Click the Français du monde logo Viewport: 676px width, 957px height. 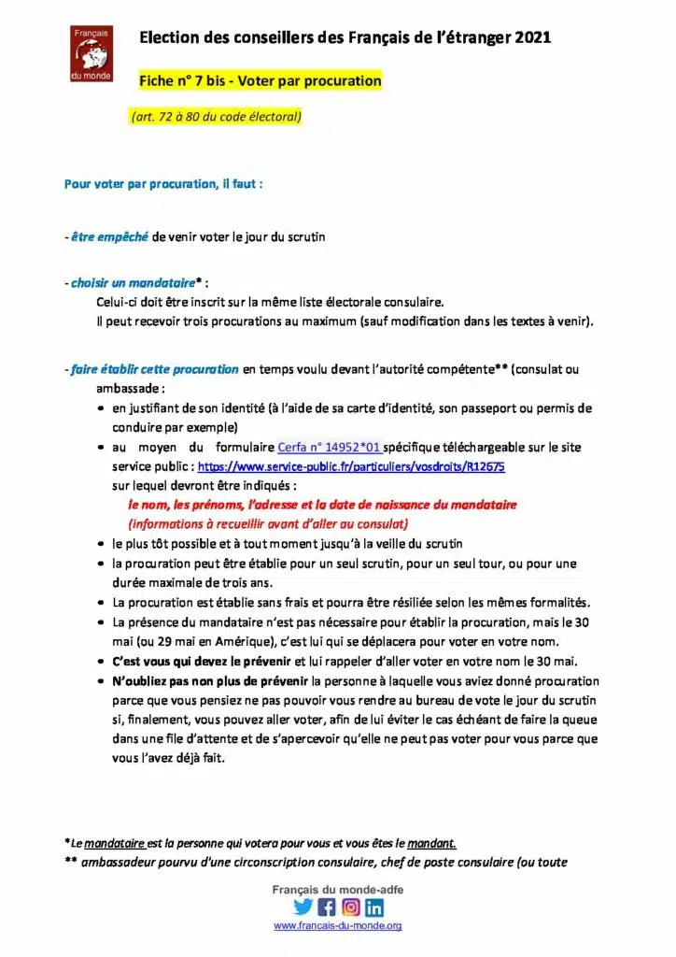pyautogui.click(x=92, y=53)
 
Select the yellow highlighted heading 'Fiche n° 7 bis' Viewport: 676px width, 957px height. pyautogui.click(x=260, y=81)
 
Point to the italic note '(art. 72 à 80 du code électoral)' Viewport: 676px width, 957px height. pyautogui.click(x=217, y=117)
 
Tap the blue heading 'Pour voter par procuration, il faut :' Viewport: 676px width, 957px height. pyautogui.click(x=163, y=184)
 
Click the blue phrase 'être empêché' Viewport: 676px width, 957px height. pyautogui.click(x=109, y=236)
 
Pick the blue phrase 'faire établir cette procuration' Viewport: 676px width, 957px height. pyautogui.click(x=155, y=369)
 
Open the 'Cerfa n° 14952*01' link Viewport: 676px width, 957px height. pyautogui.click(x=328, y=448)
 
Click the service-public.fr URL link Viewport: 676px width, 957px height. pyautogui.click(x=351, y=465)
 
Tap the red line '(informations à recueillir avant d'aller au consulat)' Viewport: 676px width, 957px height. pyautogui.click(x=268, y=523)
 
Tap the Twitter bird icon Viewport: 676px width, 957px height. pyautogui.click(x=303, y=907)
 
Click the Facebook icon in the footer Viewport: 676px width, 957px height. pyautogui.click(x=327, y=907)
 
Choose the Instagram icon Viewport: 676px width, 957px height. pyautogui.click(x=351, y=907)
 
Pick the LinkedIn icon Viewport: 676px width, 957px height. pyautogui.click(x=374, y=907)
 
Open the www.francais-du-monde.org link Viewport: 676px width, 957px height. pyautogui.click(x=338, y=926)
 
